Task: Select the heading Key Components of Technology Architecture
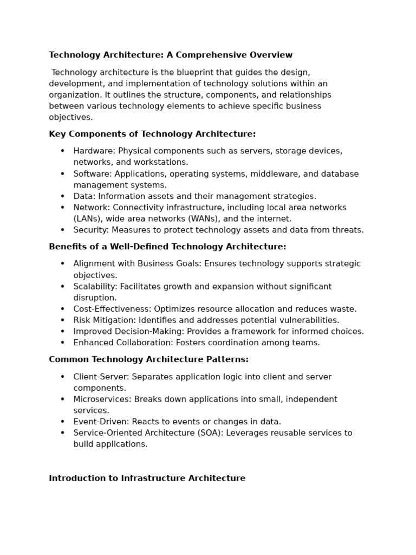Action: pyautogui.click(x=152, y=134)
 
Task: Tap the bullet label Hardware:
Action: pyautogui.click(x=94, y=151)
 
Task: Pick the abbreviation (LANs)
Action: pyautogui.click(x=88, y=219)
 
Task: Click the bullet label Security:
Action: pyautogui.click(x=91, y=230)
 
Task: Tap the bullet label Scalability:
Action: pyautogui.click(x=95, y=287)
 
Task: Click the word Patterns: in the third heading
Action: pyautogui.click(x=230, y=359)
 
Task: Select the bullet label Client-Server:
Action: pyautogui.click(x=101, y=377)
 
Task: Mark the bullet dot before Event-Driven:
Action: pyautogui.click(x=62, y=422)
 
